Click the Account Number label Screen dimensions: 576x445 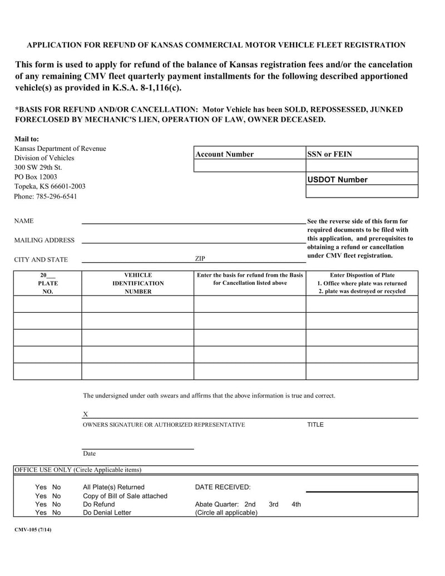[x=224, y=154]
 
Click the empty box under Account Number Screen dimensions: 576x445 [x=249, y=166]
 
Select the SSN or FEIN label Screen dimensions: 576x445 [x=330, y=154]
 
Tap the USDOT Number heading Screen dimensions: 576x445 [x=338, y=180]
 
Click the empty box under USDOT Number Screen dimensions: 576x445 [x=362, y=191]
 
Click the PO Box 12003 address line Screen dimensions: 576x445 [x=36, y=177]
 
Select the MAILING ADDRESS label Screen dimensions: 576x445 [x=44, y=240]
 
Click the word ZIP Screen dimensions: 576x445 [x=200, y=259]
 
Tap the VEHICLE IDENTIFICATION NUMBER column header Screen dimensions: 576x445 [x=138, y=283]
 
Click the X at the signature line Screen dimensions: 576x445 [x=85, y=414]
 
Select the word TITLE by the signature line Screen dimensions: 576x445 [x=315, y=425]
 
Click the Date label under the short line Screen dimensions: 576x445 [x=89, y=454]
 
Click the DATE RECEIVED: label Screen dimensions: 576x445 [x=222, y=487]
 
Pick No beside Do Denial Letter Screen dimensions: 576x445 [x=56, y=513]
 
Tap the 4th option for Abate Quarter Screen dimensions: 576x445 [x=296, y=504]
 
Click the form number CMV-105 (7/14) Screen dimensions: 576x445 [x=33, y=530]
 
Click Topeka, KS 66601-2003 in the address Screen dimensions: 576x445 [x=50, y=186]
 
